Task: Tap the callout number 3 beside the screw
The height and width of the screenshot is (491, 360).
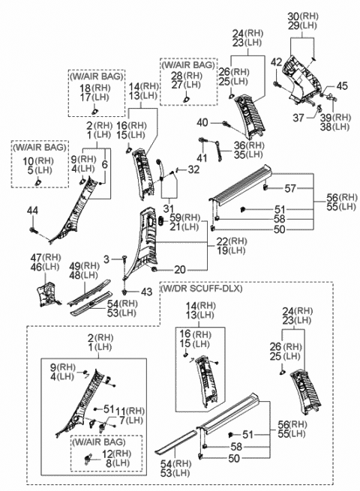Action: tap(106, 259)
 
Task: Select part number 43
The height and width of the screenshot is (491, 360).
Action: tap(146, 291)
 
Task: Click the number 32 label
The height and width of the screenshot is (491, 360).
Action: tap(194, 170)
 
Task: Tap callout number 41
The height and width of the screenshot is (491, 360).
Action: tap(201, 157)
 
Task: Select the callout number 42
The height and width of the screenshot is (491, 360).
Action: tap(277, 61)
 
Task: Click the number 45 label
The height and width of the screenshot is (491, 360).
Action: tap(342, 85)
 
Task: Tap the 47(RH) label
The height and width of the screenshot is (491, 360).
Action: tap(50, 256)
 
